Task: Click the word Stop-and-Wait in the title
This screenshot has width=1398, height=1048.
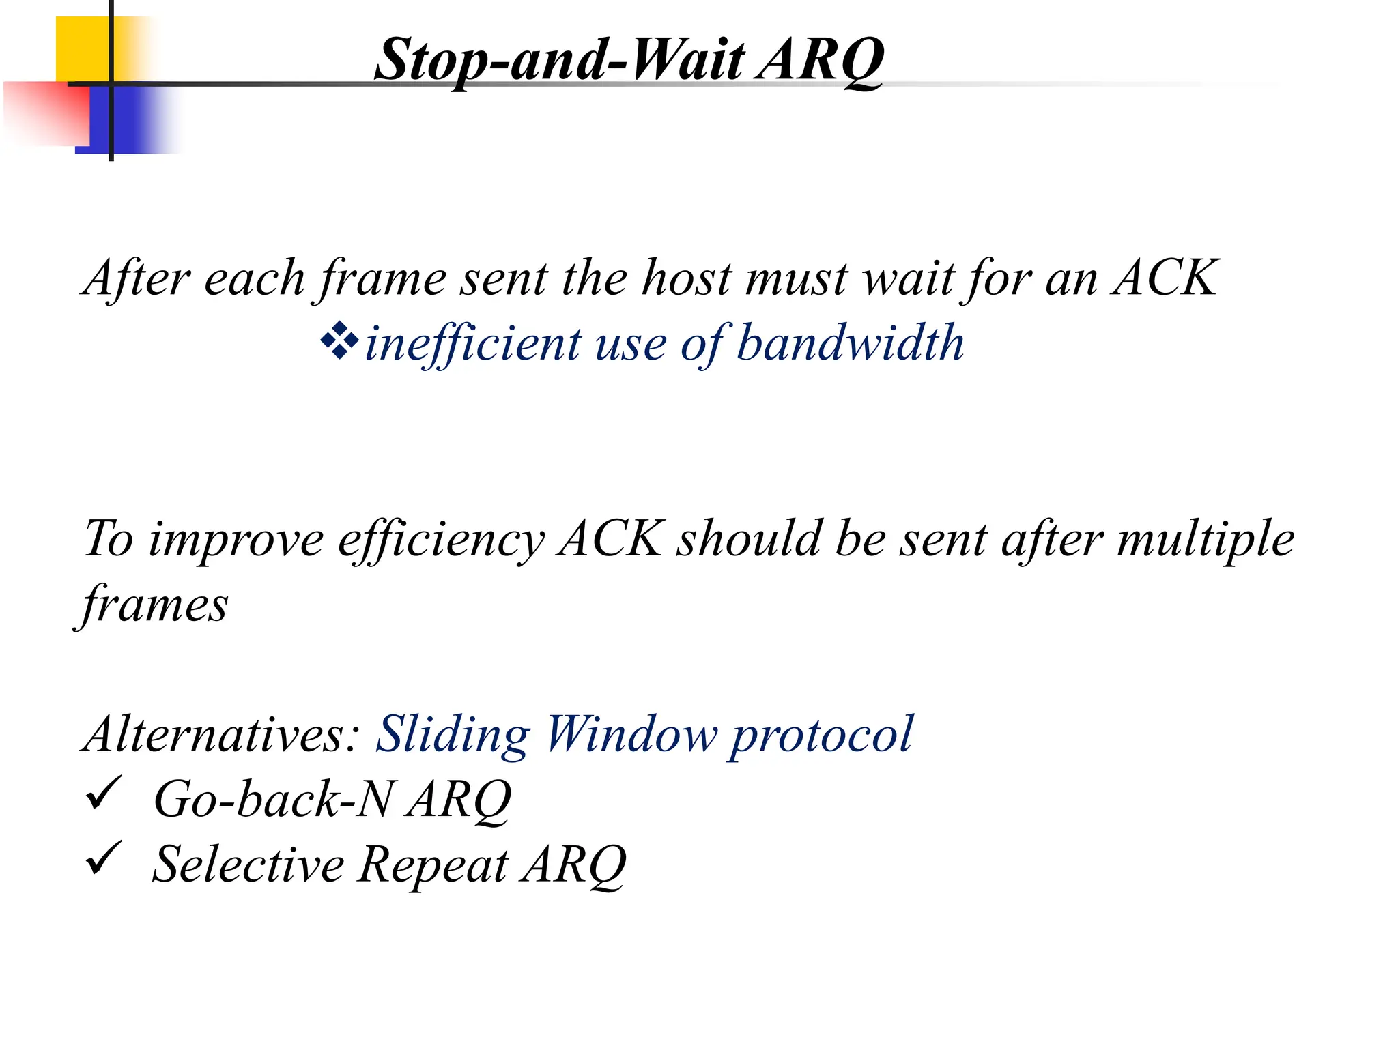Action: coord(559,60)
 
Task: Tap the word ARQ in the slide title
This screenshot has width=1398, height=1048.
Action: coord(821,60)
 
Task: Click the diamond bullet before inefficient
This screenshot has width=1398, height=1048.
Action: coord(339,342)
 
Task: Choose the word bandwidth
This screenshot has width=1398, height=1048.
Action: coord(850,343)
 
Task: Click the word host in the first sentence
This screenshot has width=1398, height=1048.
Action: coord(687,278)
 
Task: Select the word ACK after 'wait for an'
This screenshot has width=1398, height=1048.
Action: coord(1165,278)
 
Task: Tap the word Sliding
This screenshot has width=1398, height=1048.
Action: coord(453,735)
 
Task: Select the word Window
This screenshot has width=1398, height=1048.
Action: coord(631,735)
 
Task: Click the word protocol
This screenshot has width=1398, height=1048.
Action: coord(821,735)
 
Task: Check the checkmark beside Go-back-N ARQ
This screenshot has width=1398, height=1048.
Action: coord(104,794)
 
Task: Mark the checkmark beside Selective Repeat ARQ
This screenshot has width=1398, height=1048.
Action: coord(104,858)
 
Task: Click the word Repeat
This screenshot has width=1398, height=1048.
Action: coord(433,865)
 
